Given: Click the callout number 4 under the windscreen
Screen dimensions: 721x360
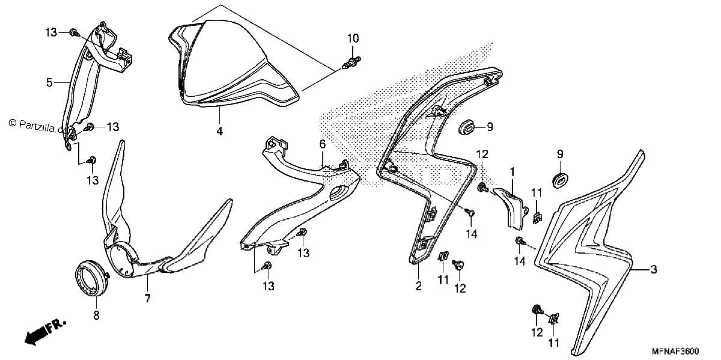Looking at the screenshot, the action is (x=219, y=131).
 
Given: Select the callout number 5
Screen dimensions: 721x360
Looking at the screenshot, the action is (x=49, y=83).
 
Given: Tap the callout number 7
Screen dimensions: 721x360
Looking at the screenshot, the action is (x=147, y=299).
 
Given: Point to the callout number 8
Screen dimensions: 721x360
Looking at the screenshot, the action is (x=97, y=316).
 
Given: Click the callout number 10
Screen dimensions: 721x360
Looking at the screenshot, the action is (x=353, y=38).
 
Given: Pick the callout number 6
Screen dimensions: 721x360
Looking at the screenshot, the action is (x=323, y=144).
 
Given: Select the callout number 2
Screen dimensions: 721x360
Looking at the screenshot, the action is (x=418, y=285).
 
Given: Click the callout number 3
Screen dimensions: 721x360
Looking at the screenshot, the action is (x=654, y=269).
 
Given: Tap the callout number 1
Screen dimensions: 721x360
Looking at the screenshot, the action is (x=512, y=172).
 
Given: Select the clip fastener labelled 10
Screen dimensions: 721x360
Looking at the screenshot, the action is (x=351, y=64).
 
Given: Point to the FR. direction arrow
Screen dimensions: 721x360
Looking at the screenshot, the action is (x=44, y=334).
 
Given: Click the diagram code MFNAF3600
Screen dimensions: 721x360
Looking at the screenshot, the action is (x=675, y=350).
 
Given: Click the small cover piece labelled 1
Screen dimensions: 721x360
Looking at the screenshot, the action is (x=510, y=209).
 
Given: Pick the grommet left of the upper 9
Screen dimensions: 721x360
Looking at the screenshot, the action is (x=466, y=127).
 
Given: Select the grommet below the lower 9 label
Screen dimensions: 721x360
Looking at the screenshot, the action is (x=561, y=180).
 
